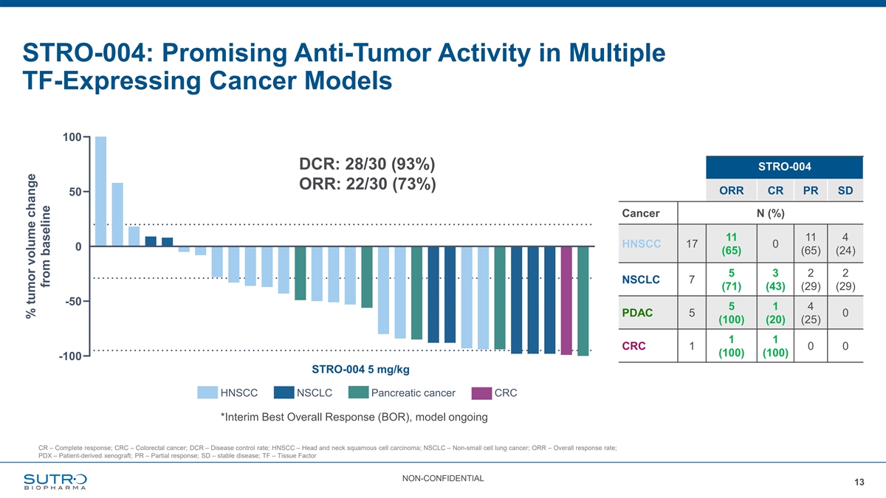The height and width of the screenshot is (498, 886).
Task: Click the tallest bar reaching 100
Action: tap(101, 191)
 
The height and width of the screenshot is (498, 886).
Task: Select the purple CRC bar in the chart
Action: tap(566, 300)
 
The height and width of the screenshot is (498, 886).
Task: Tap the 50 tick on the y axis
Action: tap(75, 192)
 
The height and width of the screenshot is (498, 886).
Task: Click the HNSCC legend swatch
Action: tap(207, 392)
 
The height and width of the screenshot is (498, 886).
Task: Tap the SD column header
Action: tap(845, 191)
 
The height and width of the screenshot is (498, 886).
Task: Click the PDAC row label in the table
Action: tap(636, 314)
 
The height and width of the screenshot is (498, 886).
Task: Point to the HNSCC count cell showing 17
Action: tap(692, 244)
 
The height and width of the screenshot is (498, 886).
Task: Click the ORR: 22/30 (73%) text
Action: tap(367, 184)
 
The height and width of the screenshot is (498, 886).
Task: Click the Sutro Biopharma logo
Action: tap(55, 480)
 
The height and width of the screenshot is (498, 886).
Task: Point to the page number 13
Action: tap(859, 483)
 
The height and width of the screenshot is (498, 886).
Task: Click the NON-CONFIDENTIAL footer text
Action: tap(443, 479)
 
